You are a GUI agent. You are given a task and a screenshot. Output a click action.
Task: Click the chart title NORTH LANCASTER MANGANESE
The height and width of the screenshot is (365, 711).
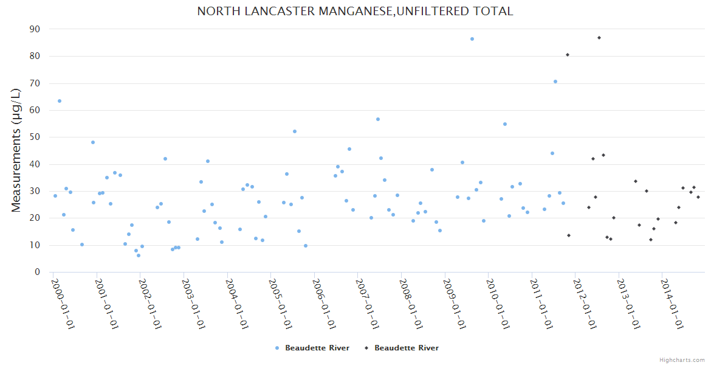(x=355, y=11)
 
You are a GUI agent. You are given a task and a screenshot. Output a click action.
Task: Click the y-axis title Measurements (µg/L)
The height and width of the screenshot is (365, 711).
(x=16, y=150)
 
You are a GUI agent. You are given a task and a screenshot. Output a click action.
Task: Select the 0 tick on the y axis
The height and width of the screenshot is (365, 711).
(x=38, y=272)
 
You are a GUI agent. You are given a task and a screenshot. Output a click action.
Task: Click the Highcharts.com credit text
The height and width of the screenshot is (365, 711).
(x=682, y=360)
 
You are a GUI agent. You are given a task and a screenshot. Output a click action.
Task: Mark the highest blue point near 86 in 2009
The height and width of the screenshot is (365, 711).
(x=472, y=39)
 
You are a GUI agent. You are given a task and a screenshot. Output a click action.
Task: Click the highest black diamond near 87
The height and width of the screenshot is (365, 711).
(x=599, y=38)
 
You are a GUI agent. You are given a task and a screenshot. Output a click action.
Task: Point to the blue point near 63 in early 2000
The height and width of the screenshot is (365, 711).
(x=60, y=101)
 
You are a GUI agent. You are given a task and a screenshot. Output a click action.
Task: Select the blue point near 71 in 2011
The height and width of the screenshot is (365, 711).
(x=555, y=82)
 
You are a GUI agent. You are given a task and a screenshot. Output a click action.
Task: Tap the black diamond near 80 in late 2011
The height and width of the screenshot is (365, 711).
(x=568, y=55)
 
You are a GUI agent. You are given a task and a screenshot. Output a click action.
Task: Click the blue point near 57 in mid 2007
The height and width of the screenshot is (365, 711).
(x=378, y=119)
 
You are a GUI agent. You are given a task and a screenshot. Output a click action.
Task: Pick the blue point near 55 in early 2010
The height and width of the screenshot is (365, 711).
(x=505, y=124)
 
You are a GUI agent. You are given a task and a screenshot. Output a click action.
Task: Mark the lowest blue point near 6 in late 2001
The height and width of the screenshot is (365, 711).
(x=139, y=255)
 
